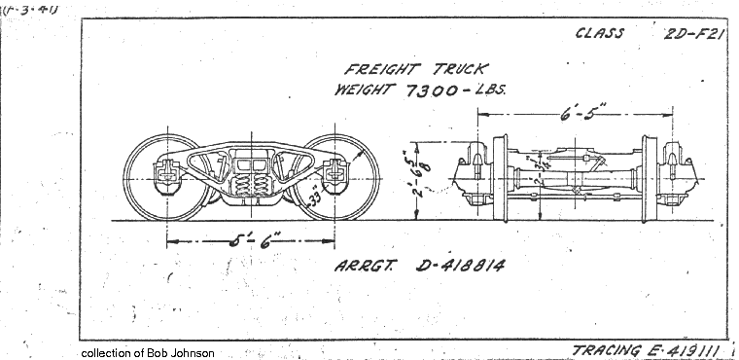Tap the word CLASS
coord(600,32)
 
